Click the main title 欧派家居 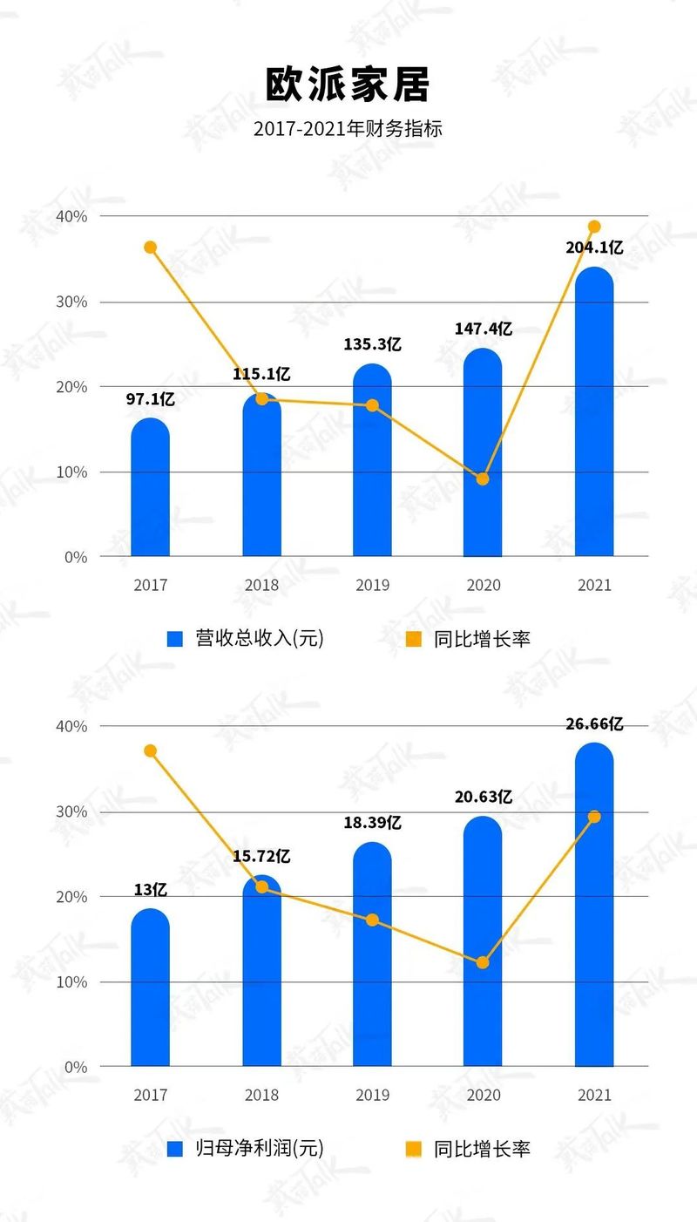348,85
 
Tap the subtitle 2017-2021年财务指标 348,129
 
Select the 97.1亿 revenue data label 151,400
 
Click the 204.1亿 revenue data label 594,248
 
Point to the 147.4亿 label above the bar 483,329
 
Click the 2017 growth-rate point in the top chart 151,248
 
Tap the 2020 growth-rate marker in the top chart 483,479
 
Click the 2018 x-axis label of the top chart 261,585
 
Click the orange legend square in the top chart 414,639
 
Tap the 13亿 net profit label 151,890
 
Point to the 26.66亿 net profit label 594,724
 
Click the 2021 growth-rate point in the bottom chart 594,817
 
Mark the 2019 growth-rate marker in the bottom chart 372,920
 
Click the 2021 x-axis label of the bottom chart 594,1096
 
